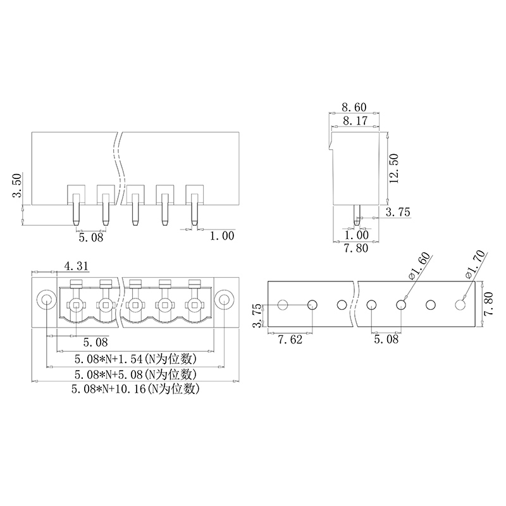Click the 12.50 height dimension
394,168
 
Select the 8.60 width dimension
354,107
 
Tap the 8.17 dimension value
355,121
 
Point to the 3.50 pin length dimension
16,185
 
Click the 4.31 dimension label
76,266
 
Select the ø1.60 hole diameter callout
419,266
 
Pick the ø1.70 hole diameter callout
475,264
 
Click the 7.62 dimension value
290,340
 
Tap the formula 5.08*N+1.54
108,359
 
